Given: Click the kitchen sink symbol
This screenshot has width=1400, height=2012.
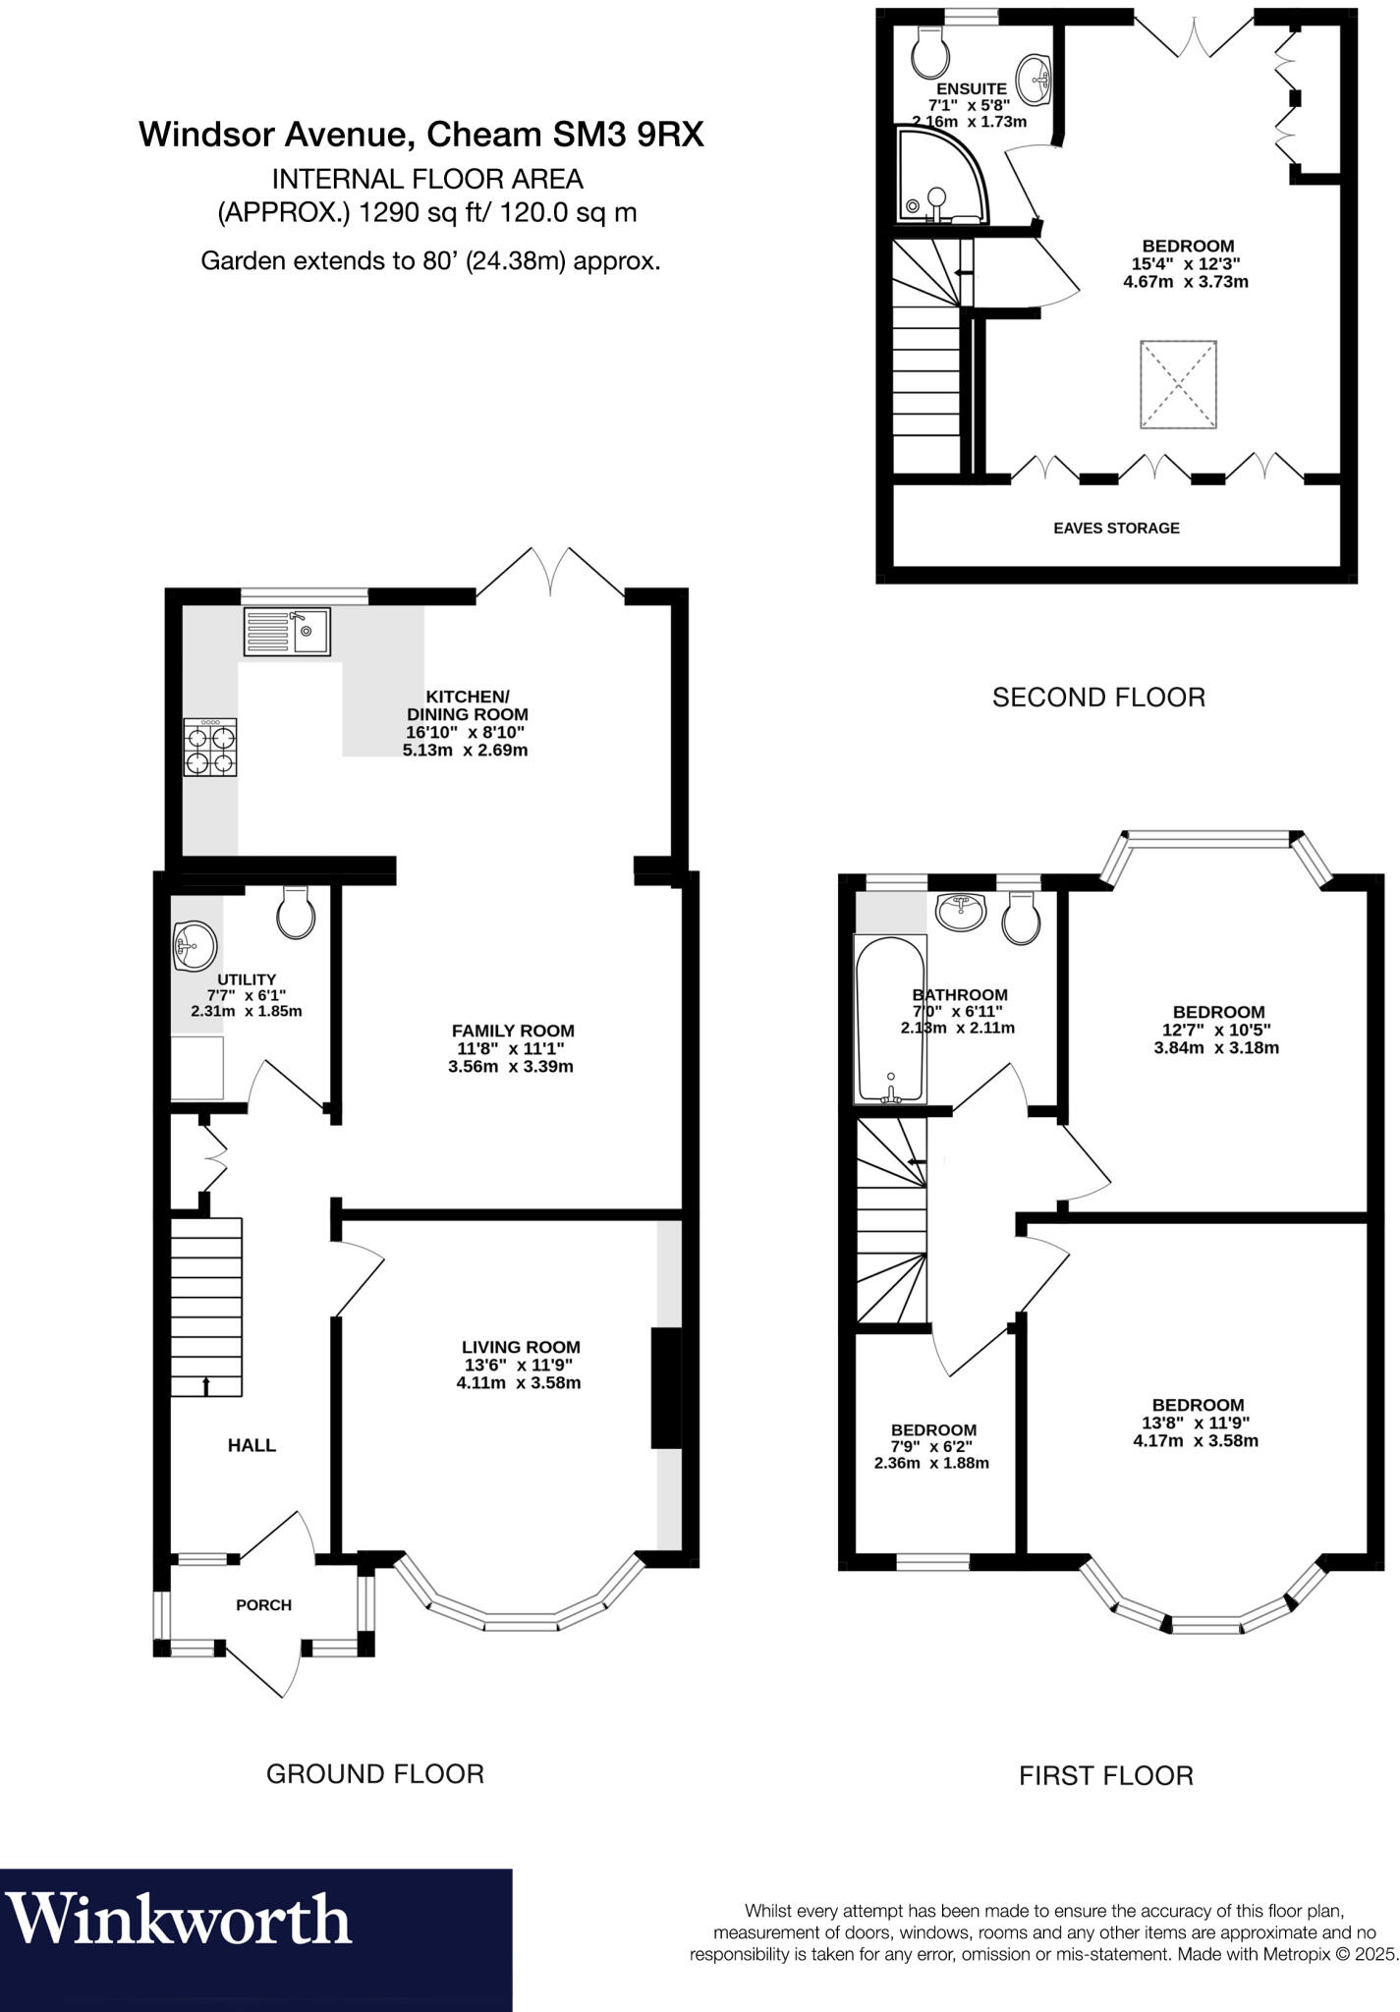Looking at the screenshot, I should [287, 632].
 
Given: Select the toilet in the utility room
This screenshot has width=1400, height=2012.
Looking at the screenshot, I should [296, 913].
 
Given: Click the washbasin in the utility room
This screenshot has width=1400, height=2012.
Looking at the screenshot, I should [194, 947].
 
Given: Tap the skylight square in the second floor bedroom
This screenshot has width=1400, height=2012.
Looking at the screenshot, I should [1178, 384].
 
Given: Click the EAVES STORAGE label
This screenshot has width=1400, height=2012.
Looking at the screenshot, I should [1116, 528].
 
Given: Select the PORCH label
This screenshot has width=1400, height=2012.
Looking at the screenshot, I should [263, 1604].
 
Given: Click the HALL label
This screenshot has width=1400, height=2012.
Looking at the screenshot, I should [252, 1445].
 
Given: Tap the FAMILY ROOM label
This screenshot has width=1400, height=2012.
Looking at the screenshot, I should [513, 1031].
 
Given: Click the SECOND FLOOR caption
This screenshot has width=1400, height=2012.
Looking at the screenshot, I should [1097, 698].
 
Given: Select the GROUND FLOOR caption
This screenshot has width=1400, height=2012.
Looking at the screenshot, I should [375, 1773].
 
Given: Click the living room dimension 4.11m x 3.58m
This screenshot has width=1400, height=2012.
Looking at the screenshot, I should [521, 1383].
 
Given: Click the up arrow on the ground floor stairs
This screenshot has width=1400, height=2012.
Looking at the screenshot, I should [206, 1385].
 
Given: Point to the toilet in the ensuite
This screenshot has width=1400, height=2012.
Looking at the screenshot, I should [927, 51].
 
